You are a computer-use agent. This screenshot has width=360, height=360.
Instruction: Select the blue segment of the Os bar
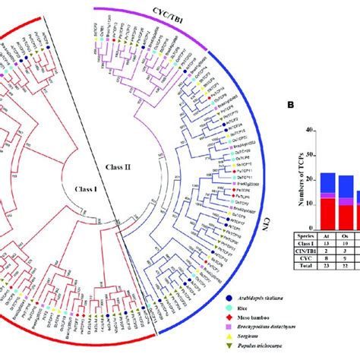pos(346,186)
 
